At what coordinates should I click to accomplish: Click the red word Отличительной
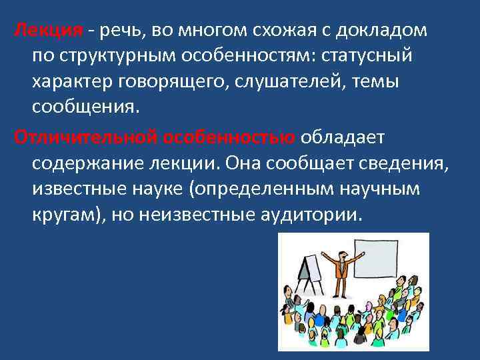pyautogui.click(x=81, y=137)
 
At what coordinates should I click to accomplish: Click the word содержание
pyautogui.click(x=90, y=163)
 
